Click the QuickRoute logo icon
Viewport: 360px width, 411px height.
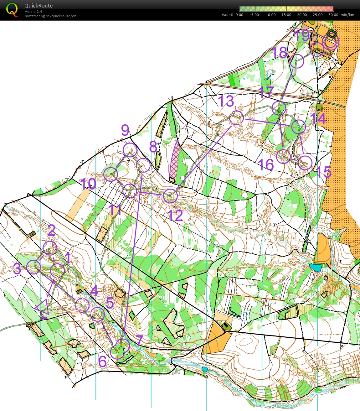12,10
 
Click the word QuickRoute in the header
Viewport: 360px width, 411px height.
39,6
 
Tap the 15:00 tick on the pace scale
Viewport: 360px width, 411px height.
286,15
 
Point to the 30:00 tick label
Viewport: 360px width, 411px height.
333,15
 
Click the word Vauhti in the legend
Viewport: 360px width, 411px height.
227,15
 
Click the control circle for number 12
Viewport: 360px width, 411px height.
171,196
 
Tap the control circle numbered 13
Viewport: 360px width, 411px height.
236,118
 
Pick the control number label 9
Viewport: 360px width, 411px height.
125,130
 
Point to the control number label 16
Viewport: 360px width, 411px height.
266,164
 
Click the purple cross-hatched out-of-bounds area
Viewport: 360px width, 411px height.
175,160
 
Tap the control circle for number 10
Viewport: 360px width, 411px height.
111,174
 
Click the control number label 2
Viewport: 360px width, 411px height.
52,230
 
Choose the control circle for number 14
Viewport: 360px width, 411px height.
298,127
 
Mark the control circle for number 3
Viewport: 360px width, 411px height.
34,267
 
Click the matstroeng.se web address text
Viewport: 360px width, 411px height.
50,16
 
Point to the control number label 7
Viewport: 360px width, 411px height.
139,341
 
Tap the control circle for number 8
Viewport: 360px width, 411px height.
144,165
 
